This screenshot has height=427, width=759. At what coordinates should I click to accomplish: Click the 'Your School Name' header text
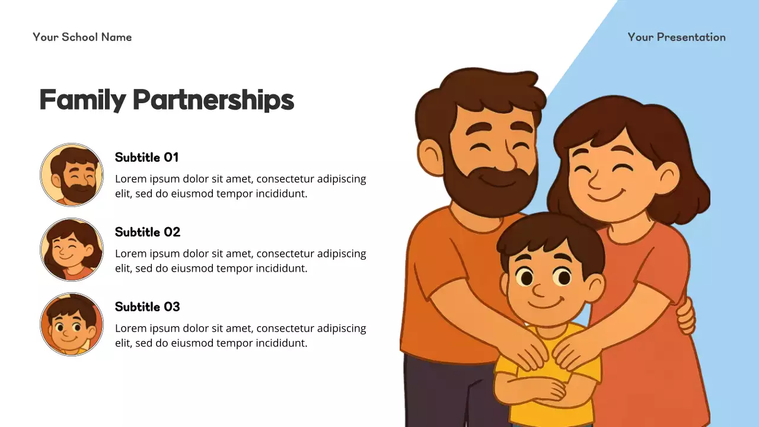[82, 37]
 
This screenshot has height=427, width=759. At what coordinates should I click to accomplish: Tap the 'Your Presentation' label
[677, 37]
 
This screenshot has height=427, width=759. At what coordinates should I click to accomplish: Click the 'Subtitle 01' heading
[146, 157]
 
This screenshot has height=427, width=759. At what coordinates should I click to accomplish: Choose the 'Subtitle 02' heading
[148, 232]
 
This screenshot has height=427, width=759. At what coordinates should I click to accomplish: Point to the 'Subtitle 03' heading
[147, 307]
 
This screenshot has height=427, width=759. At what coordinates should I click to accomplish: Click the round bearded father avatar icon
[72, 175]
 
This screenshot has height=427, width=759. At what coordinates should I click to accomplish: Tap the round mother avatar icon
[72, 250]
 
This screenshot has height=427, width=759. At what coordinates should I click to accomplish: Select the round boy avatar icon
[72, 324]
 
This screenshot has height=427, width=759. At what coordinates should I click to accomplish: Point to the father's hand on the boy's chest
[528, 350]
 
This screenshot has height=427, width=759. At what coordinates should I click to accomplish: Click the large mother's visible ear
[667, 177]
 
